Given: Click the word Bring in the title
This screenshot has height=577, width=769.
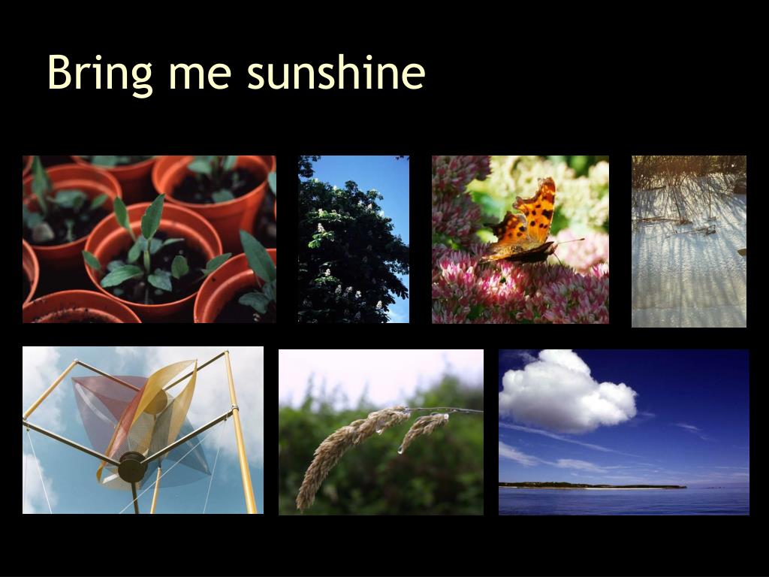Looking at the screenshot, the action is pos(100,74).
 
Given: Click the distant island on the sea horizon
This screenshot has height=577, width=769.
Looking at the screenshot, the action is pos(593,486).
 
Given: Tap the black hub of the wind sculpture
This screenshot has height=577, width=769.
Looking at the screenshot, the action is pos(132,467).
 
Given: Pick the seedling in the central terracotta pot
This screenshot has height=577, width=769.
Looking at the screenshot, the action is pos(152,255).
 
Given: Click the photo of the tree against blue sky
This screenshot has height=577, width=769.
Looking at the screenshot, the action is pos(354,240).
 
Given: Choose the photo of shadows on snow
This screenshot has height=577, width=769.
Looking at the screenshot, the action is pos(689,241).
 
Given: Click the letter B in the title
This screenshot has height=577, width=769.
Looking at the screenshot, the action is pos(60,72).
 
